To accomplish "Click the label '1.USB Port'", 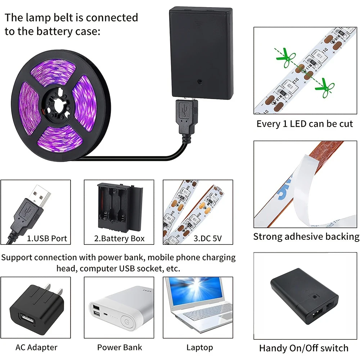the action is (x=47, y=238).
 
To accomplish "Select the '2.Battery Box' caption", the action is (x=119, y=238).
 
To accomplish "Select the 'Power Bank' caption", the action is (x=120, y=347).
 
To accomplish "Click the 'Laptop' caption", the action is (x=199, y=347).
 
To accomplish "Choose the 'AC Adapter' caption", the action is (x=36, y=347).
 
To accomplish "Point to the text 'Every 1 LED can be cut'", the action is (x=305, y=124).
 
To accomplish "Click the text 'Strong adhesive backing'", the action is (x=306, y=237).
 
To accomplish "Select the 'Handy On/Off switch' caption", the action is (x=303, y=348).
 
